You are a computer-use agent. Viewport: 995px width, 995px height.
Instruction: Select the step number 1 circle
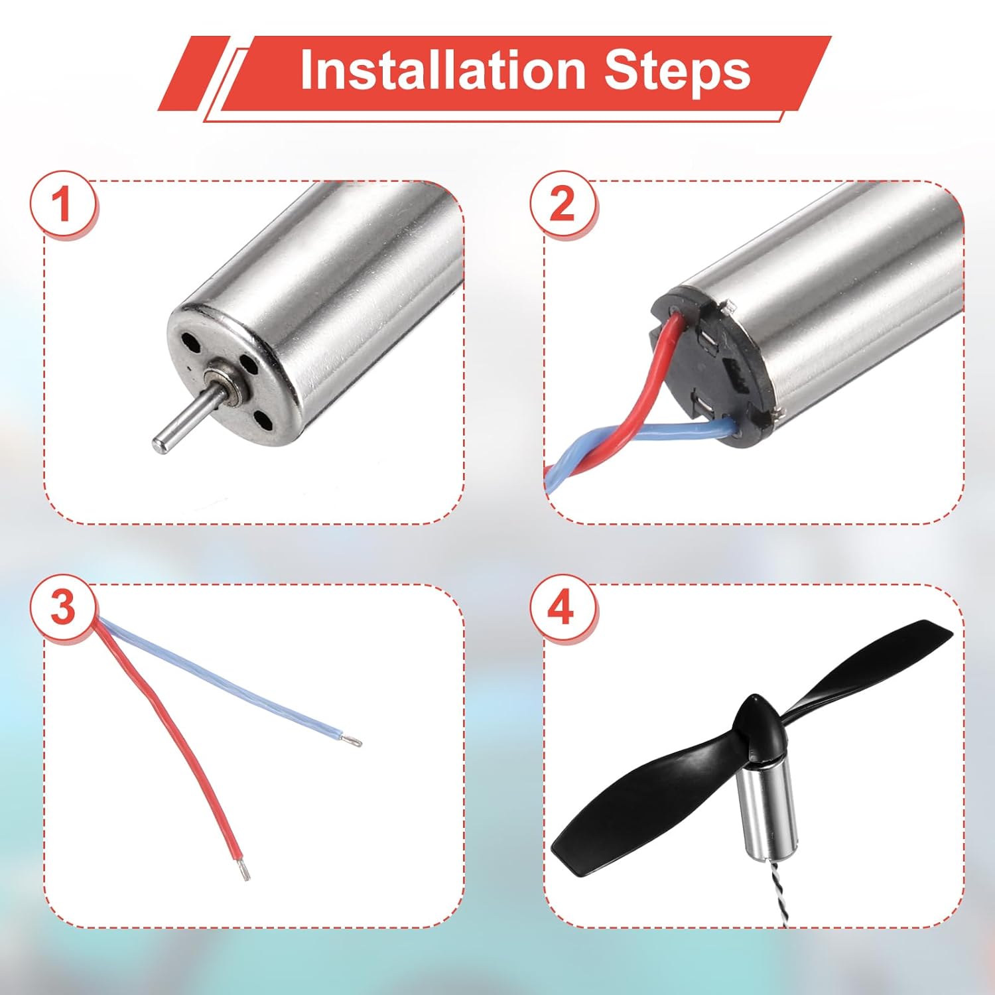(x=62, y=204)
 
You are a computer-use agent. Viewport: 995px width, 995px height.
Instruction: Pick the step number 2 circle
(x=562, y=204)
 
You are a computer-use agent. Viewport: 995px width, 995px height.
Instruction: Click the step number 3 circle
(x=62, y=608)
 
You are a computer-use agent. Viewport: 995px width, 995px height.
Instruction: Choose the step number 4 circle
(x=562, y=608)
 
